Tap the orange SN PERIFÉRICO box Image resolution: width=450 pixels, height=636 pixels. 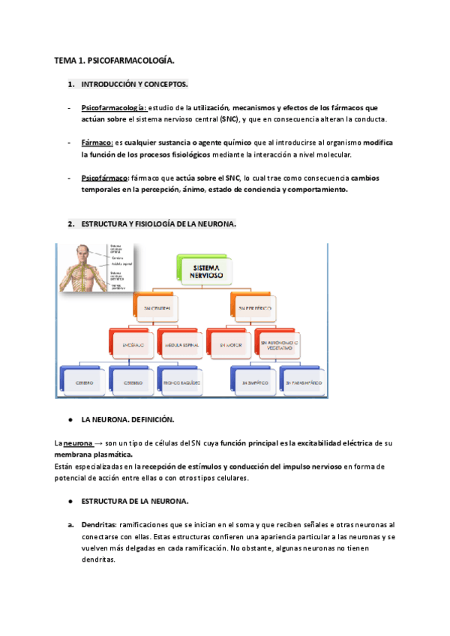[x=254, y=308]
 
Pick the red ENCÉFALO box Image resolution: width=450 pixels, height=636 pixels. [x=131, y=345]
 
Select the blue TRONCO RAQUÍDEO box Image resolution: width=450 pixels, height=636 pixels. [x=181, y=382]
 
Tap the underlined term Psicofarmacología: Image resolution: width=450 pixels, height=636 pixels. [x=115, y=107]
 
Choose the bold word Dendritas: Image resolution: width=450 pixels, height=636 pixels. [x=99, y=525]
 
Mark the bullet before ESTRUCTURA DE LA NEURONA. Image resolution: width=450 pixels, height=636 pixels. [x=69, y=501]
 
